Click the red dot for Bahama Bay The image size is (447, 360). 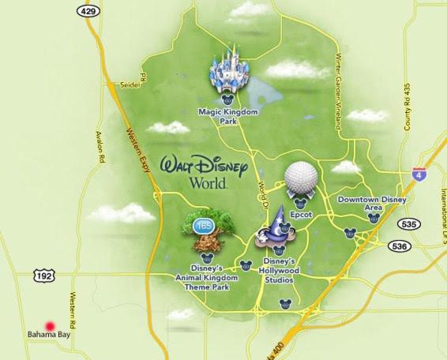(50, 324)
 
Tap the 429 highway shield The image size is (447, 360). (87, 10)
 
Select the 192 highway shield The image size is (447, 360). (44, 274)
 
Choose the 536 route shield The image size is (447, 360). (401, 246)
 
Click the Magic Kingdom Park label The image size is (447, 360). (228, 117)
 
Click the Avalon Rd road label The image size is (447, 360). (100, 147)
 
